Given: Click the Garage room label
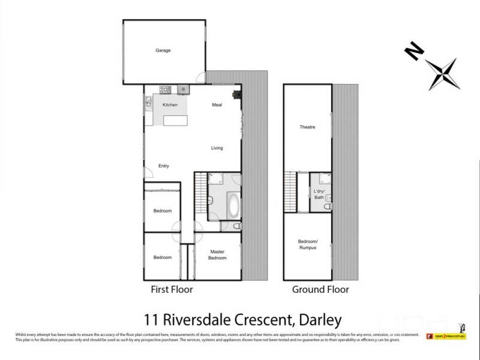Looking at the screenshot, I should point(163,50).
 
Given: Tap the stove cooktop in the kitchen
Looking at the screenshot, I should point(164,89).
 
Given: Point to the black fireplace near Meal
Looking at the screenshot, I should point(238,94).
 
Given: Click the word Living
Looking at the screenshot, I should point(217,148).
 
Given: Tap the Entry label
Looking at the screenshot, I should point(163,166).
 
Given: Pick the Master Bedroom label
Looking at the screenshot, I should point(217,254).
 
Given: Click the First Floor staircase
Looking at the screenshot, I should point(200,196).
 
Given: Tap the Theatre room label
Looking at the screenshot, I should point(307,127).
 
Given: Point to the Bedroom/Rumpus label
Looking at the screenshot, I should point(307,245).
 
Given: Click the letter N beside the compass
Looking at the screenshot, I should point(412,52).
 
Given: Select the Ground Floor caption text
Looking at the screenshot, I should point(320,290).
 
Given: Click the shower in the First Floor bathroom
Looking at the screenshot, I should point(215,179).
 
